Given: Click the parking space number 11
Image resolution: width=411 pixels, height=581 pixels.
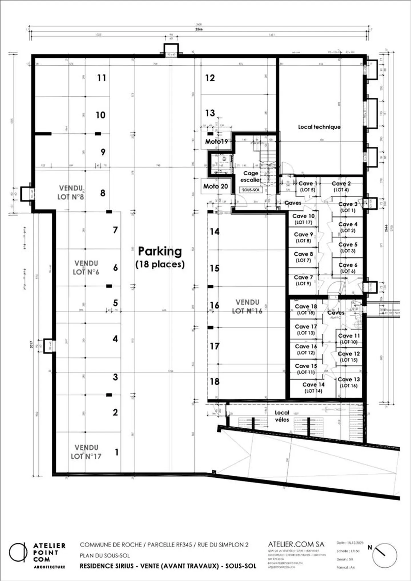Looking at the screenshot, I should click(102, 78).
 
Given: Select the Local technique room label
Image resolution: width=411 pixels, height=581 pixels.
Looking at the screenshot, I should click(319, 127).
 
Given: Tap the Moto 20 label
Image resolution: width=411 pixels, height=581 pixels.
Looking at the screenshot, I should click(215, 186).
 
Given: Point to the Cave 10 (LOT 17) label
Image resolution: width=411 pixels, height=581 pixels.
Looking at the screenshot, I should click(303, 219).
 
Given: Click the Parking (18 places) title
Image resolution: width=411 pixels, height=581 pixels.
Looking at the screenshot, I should click(160, 257).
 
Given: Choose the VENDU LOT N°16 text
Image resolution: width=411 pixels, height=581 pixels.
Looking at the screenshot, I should click(247, 307).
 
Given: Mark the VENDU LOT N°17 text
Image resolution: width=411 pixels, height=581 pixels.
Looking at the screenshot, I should click(86, 452).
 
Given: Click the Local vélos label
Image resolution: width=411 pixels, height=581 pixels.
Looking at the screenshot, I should click(282, 416).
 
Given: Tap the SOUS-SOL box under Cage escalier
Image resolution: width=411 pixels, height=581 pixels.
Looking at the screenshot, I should click(251, 190).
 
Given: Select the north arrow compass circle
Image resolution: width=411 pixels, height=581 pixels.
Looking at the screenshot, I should click(385, 555).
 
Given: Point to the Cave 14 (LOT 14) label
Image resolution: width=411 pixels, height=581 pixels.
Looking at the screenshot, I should click(313, 387).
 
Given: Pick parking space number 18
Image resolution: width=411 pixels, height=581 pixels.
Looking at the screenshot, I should click(215, 381).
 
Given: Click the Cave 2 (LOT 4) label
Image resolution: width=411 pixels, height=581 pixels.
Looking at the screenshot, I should click(341, 186).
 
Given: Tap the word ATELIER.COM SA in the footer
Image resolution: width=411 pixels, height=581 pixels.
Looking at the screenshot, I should click(296, 544).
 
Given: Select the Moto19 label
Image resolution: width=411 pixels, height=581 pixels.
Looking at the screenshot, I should click(216, 141).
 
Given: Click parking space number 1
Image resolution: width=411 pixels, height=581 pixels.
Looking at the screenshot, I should click(116, 452).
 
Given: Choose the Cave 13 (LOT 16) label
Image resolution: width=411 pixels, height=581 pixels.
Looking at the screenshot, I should click(349, 382).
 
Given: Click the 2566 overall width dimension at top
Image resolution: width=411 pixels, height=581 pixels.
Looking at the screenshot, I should click(199, 29).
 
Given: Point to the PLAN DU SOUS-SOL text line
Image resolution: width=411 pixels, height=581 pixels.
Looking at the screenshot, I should click(105, 556).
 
